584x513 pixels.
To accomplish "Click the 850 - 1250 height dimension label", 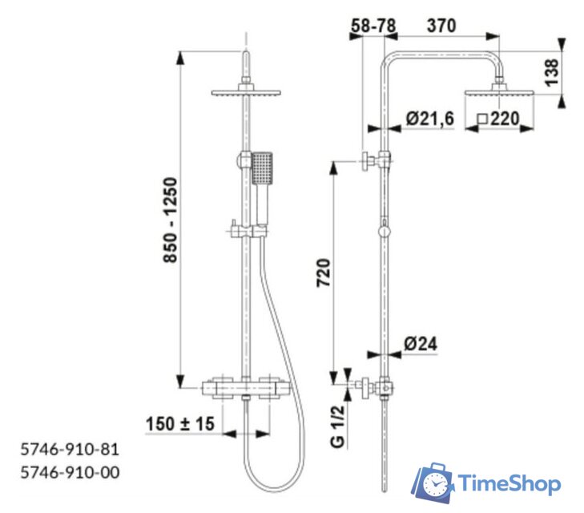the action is coord(171,220).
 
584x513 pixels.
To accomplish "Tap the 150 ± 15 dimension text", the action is coord(180,424).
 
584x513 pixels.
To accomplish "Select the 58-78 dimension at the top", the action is coord(373,26).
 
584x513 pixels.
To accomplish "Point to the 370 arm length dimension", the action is coord(441,26).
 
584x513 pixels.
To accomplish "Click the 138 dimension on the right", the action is coord(552,72).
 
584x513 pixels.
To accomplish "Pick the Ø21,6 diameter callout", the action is coord(430,119).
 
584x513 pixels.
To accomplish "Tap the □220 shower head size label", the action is coord(498,119).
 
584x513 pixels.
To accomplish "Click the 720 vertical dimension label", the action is coord(324,273).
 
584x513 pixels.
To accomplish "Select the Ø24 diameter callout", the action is coord(421,344).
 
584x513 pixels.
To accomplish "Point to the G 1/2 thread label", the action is coord(338,426).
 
